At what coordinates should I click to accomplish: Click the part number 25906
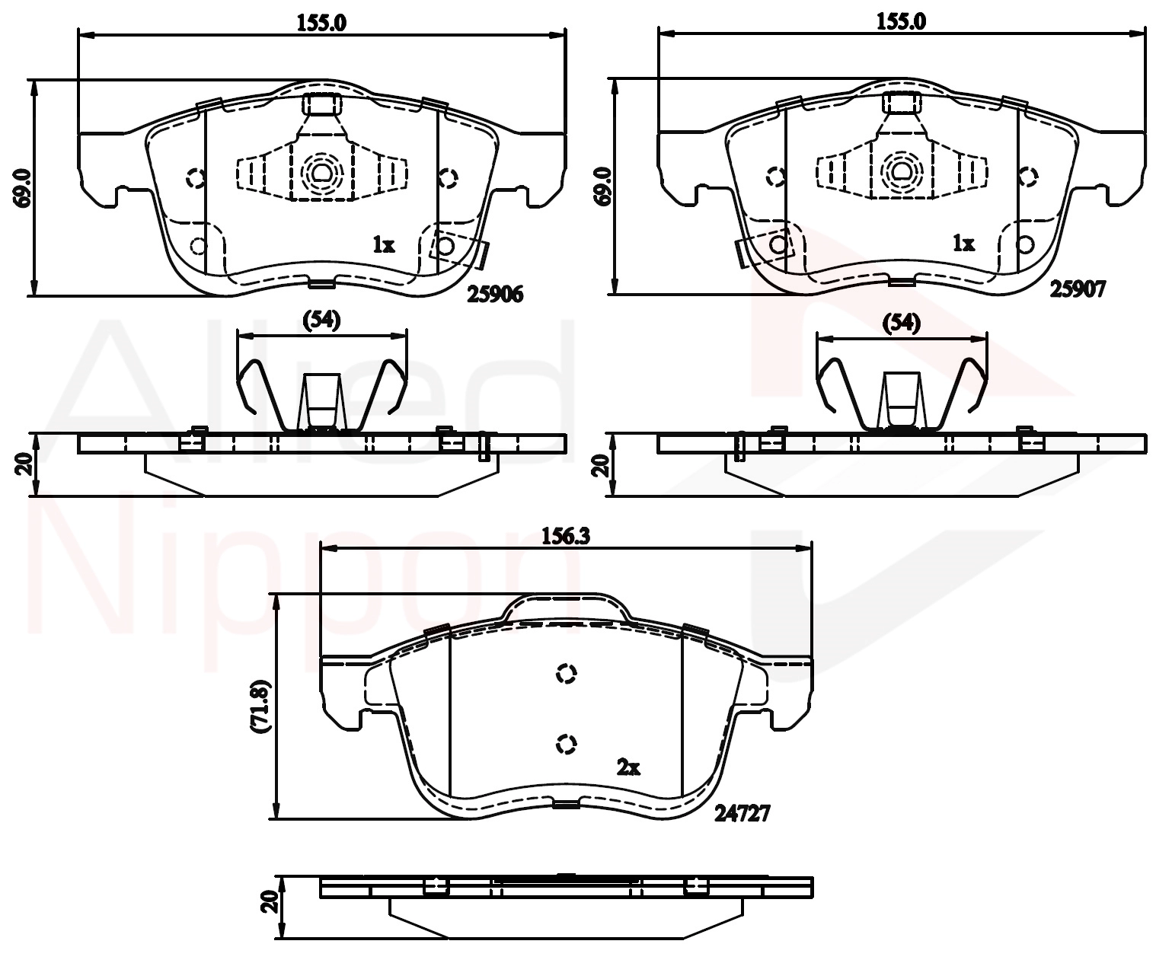pyautogui.click(x=494, y=295)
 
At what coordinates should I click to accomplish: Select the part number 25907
pyautogui.click(x=1078, y=289)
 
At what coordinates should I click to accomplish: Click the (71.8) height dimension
pyautogui.click(x=260, y=706)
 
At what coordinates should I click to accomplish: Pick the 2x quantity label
pyautogui.click(x=628, y=768)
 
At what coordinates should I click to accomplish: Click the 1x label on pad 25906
pyautogui.click(x=384, y=244)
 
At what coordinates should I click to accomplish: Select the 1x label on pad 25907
pyautogui.click(x=963, y=244)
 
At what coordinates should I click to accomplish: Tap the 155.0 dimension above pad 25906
pyautogui.click(x=321, y=24)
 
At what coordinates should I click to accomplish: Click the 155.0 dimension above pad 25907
pyautogui.click(x=902, y=21)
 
